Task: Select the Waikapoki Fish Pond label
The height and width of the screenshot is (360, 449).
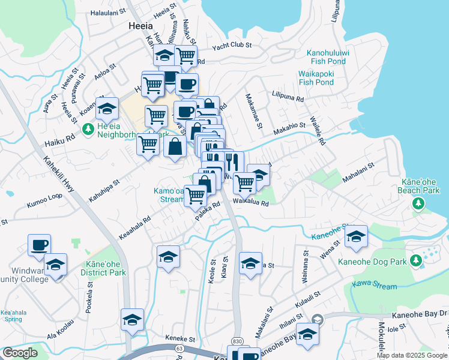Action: [316, 78]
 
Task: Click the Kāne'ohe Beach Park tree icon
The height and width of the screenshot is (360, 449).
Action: [418, 205]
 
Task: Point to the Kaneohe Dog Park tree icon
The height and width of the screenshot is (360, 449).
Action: [415, 260]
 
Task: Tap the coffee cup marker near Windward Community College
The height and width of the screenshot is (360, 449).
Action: [40, 245]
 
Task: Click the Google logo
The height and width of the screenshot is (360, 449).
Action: [20, 353]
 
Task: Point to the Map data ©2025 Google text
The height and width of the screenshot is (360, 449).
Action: [412, 355]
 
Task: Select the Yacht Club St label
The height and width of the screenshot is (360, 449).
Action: [231, 45]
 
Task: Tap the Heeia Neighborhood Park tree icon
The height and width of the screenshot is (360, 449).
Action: [88, 129]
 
